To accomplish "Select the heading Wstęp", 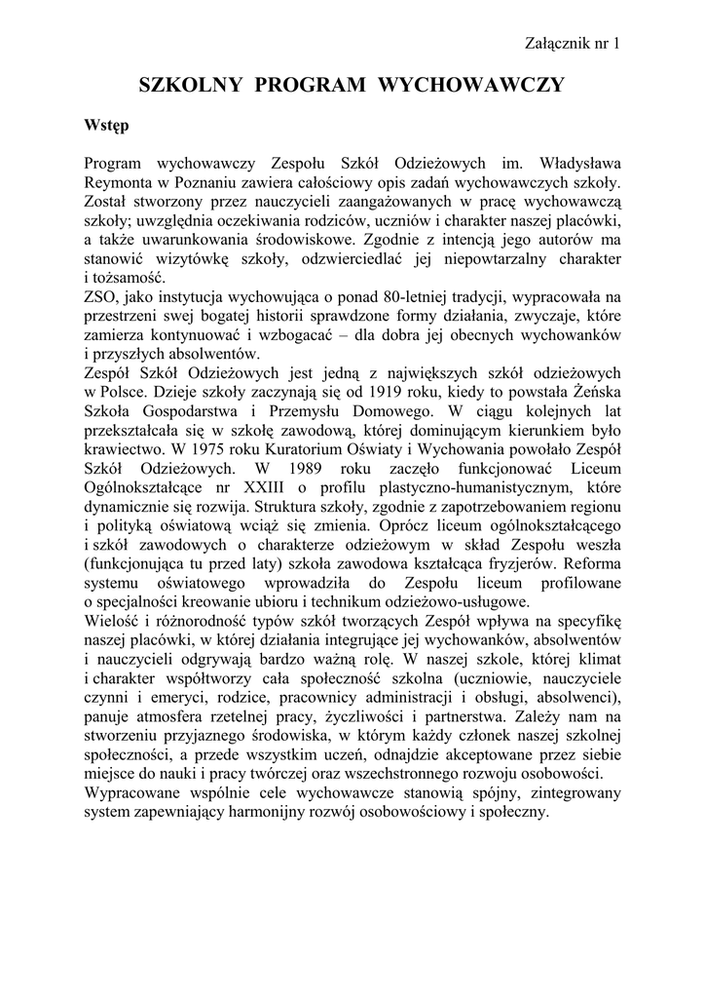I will (x=106, y=127).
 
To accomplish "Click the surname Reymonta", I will (x=121, y=183).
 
